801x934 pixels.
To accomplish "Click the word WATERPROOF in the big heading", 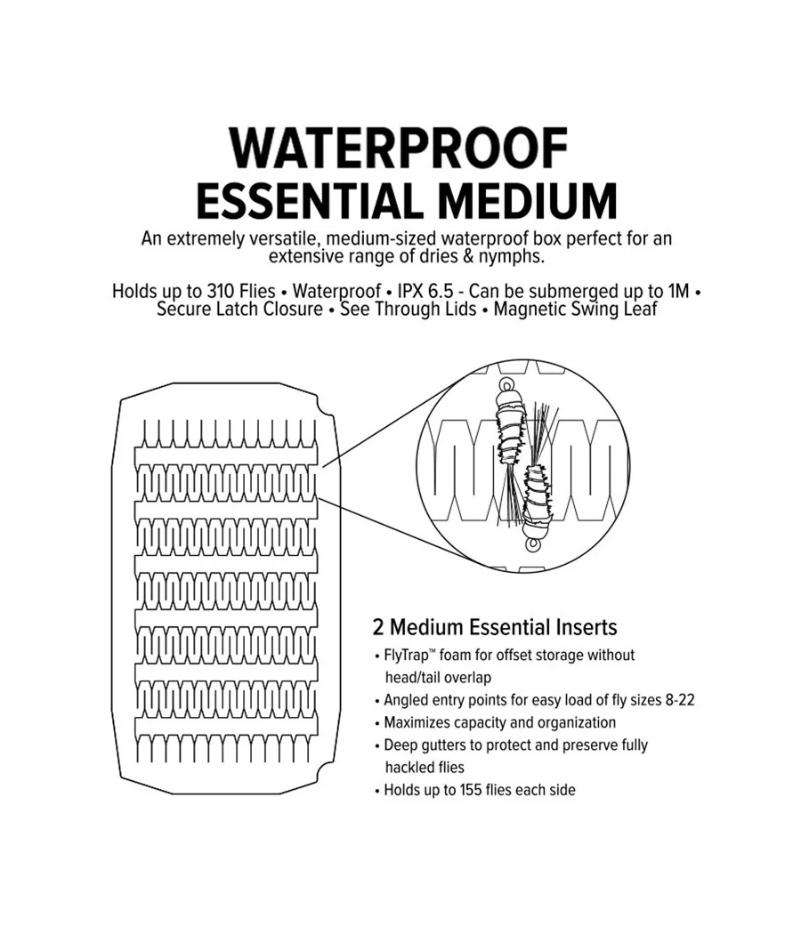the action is [399, 149].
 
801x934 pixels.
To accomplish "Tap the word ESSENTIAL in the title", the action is [304, 201].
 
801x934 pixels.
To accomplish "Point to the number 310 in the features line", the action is [221, 291].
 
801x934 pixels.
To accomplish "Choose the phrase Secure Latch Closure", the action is [239, 310].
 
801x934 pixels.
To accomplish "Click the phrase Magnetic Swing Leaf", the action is [575, 310].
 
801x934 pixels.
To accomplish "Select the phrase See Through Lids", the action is [409, 310].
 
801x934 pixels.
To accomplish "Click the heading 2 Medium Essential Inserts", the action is [495, 627].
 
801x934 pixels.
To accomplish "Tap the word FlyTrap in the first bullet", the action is [407, 656].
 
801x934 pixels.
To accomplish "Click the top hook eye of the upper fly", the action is [507, 383].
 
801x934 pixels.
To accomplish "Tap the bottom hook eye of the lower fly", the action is [531, 544].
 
